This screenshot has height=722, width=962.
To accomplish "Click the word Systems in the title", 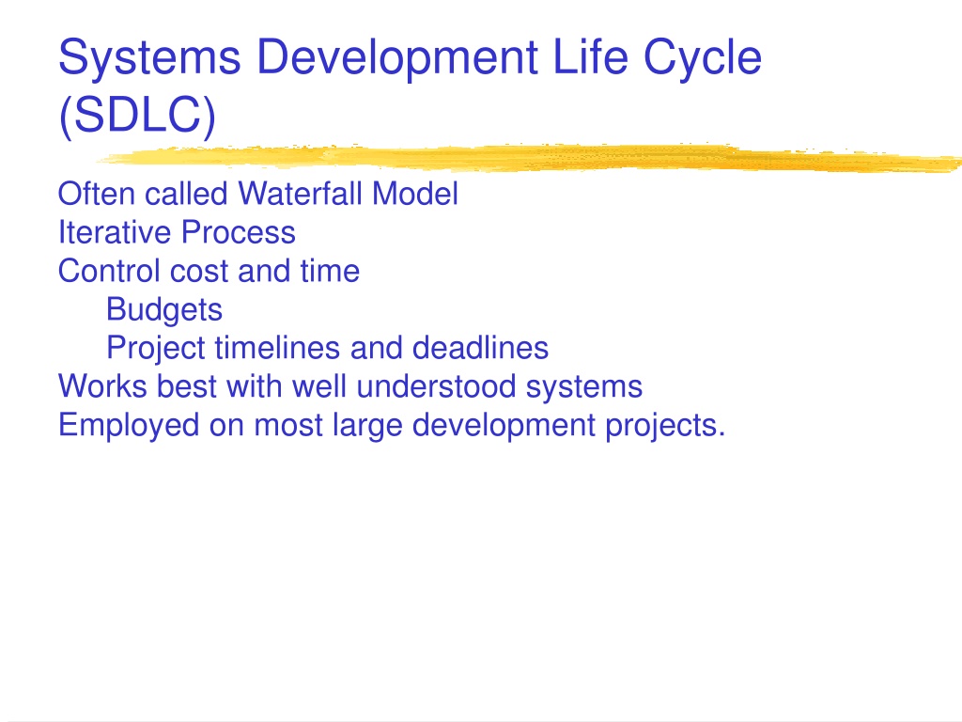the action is (x=149, y=57).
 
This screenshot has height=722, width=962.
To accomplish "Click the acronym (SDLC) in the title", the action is (x=137, y=115).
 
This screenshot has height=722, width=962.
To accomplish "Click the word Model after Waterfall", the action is (x=414, y=194).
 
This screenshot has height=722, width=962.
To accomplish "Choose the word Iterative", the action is (x=115, y=232).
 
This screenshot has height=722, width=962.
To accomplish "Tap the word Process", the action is (x=239, y=232).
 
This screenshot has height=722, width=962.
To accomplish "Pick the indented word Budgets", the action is (x=164, y=310).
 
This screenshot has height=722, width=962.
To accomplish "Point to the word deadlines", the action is (x=480, y=348).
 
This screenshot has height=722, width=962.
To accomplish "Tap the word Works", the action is (x=102, y=386).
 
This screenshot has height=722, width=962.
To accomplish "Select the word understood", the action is (x=436, y=386).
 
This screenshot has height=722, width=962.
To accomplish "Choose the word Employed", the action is (x=129, y=426).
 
